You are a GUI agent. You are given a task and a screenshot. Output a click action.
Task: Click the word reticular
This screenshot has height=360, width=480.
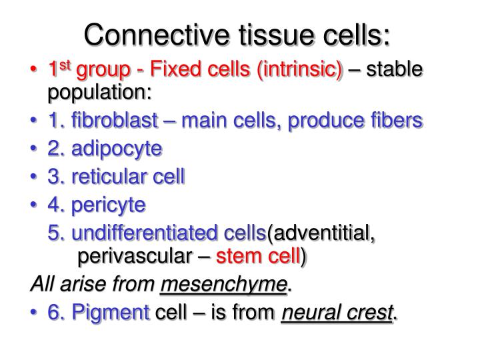(x=113, y=177)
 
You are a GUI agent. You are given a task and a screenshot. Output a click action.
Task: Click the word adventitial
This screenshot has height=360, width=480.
(x=323, y=234)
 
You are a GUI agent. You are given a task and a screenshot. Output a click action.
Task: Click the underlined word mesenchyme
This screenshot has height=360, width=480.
(x=223, y=285)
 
